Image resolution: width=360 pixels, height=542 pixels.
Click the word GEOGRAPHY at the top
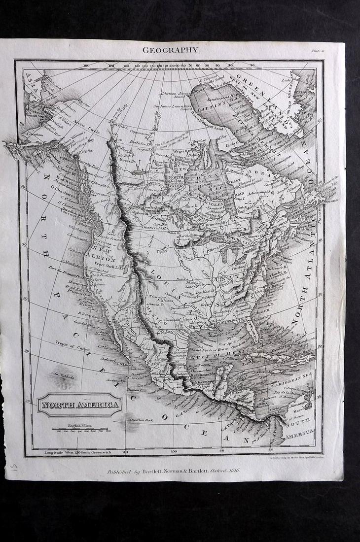click(x=171, y=49)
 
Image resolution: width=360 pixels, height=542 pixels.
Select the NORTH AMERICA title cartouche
click(x=79, y=405)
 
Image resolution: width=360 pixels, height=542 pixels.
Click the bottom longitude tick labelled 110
click(x=125, y=451)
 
